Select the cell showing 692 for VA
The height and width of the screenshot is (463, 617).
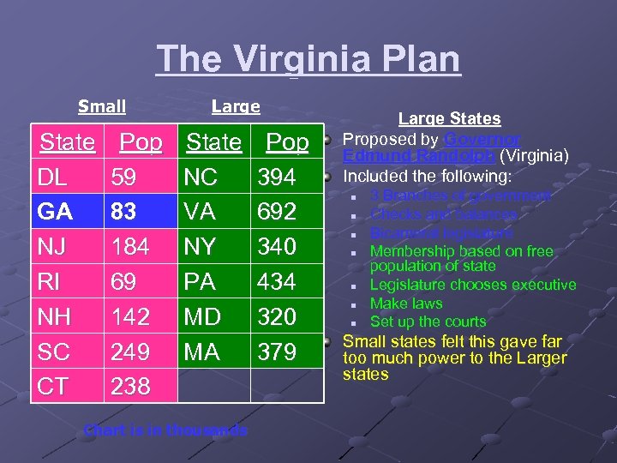click(x=277, y=212)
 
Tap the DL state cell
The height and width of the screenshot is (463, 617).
click(x=56, y=177)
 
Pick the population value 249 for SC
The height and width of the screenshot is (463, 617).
click(x=130, y=352)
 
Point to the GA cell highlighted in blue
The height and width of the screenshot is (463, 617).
click(x=56, y=212)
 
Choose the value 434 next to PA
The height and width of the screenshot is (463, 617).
click(x=277, y=282)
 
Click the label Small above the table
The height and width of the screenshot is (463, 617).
click(x=102, y=107)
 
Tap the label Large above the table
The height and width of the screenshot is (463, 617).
click(x=236, y=107)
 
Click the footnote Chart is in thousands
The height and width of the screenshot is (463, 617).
click(x=165, y=430)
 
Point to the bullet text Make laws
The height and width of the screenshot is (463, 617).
click(x=406, y=304)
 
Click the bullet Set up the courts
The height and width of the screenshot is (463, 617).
click(x=428, y=322)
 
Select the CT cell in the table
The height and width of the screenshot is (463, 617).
click(x=54, y=387)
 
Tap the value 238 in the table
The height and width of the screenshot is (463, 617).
click(x=130, y=387)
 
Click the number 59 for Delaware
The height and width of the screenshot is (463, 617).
click(x=124, y=177)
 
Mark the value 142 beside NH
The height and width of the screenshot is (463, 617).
click(x=130, y=317)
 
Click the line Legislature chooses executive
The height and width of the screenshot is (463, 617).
click(x=473, y=285)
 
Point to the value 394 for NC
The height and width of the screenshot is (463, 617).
click(x=277, y=177)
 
